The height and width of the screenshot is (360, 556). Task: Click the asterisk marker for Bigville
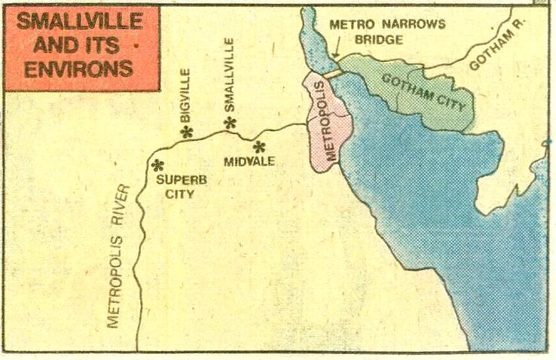click(188, 132)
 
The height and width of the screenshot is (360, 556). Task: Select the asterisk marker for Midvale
click(260, 146)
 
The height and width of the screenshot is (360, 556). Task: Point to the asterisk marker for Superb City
click(157, 164)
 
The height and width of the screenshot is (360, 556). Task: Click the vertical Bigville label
click(186, 96)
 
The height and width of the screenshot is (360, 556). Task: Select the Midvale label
click(248, 161)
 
